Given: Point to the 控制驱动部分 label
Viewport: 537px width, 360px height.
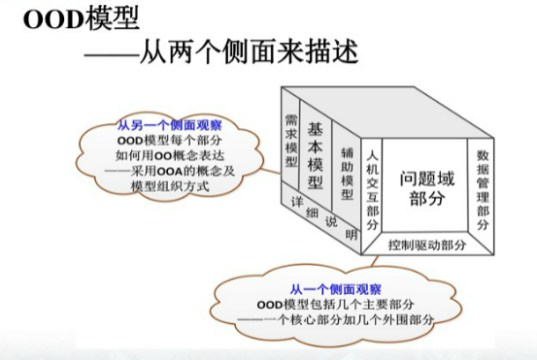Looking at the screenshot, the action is [x=427, y=245].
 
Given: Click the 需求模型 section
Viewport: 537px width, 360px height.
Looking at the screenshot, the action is [x=290, y=140].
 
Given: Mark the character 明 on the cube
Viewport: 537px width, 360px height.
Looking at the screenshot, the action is [x=352, y=235].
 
